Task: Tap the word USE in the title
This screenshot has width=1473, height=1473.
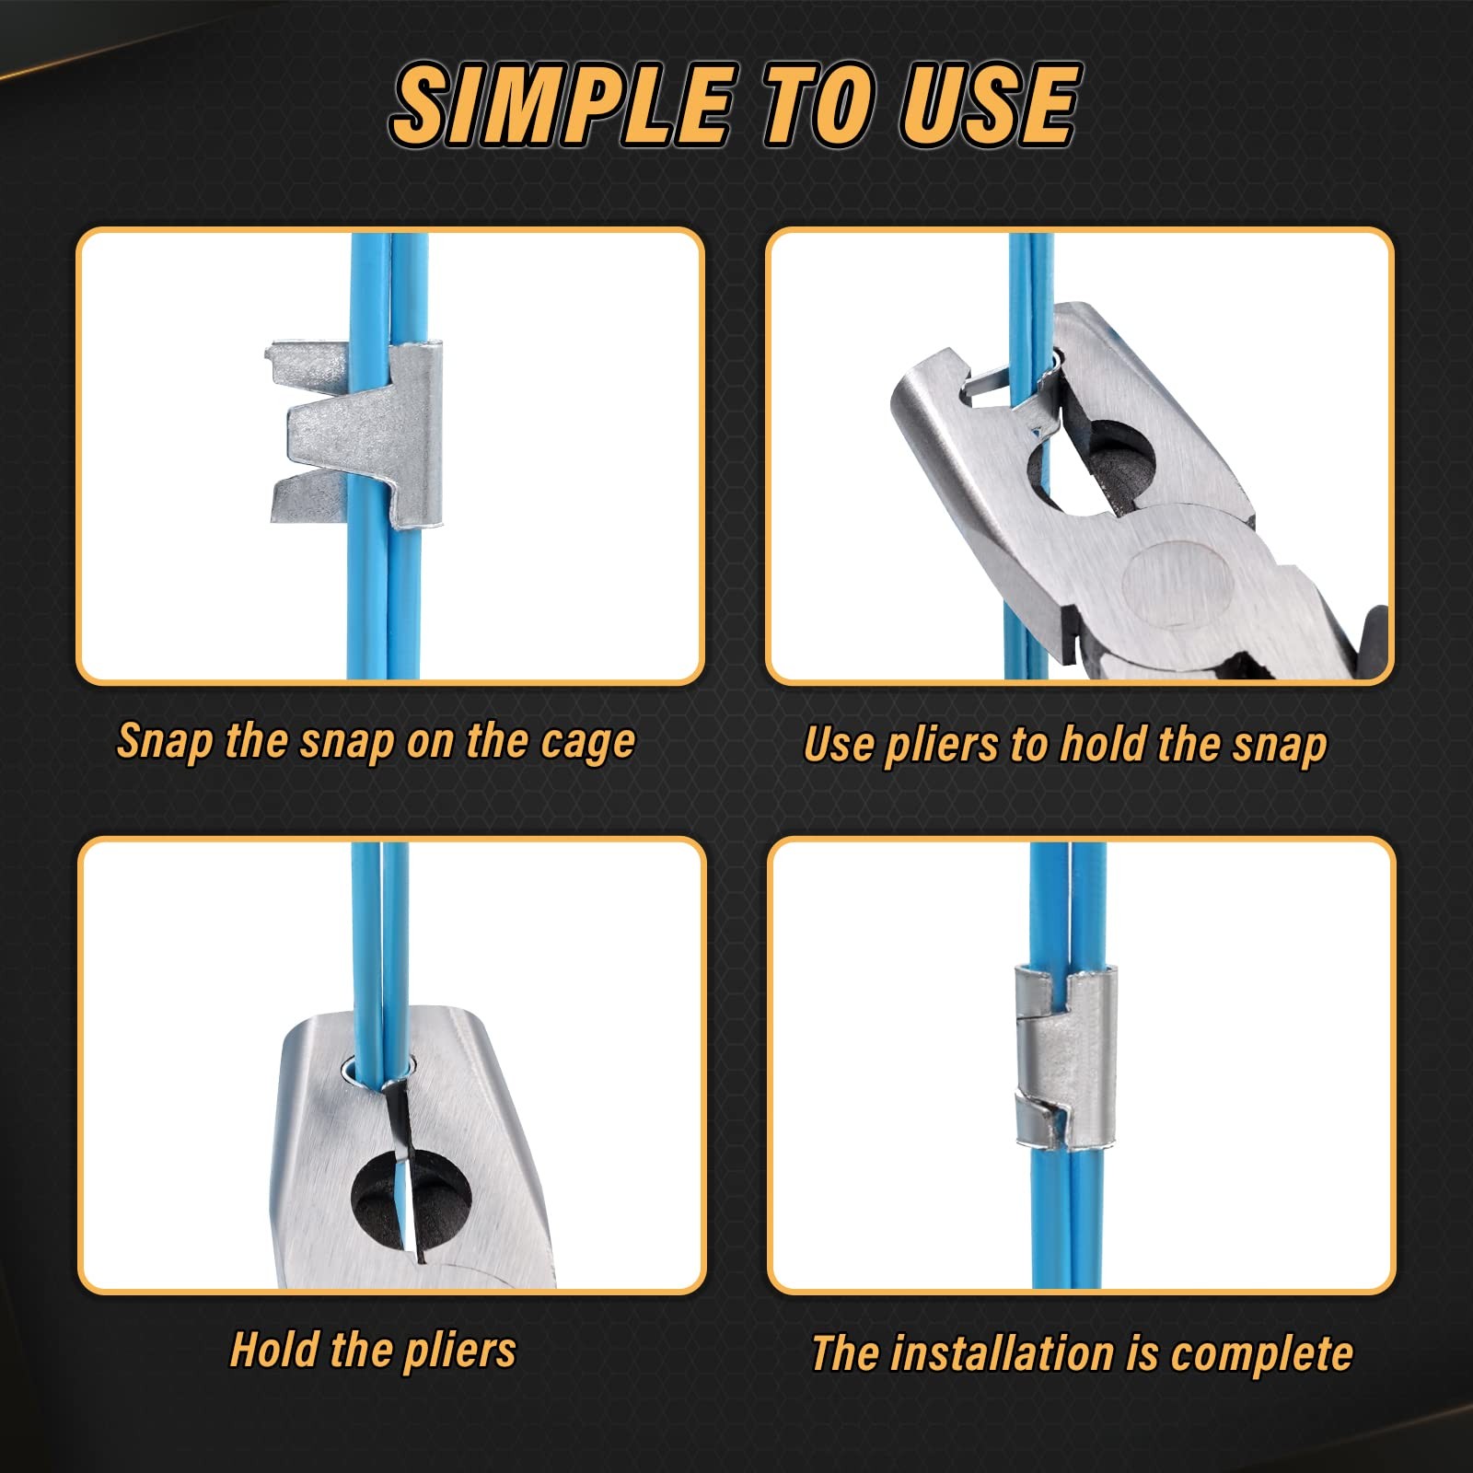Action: (x=990, y=106)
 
